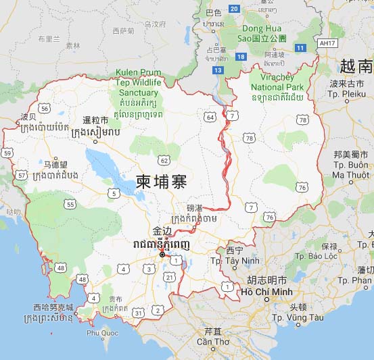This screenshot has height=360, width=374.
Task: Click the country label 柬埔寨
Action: point(161,182)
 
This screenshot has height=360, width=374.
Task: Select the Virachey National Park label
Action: point(277,87)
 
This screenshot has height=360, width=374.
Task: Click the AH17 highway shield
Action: point(327,43)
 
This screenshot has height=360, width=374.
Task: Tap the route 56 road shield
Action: point(45,108)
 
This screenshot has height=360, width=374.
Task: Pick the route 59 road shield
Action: point(7,153)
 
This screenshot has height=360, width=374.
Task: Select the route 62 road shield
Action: point(163,160)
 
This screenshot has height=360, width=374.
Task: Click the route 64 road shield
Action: point(211,117)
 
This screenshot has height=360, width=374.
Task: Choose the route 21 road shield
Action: point(170,277)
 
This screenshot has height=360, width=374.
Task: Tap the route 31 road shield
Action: point(139,312)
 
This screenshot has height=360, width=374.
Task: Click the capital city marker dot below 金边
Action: point(162,255)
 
